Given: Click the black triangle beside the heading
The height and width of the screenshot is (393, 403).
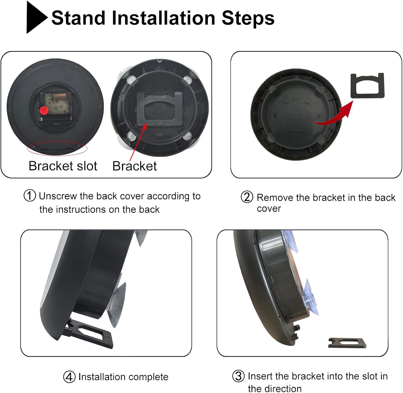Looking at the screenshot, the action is [35, 17].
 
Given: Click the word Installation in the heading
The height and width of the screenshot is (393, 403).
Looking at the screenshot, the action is [163, 18].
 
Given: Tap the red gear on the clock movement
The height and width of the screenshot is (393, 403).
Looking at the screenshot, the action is [43, 110].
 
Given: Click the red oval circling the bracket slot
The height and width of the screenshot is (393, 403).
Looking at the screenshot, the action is [57, 148].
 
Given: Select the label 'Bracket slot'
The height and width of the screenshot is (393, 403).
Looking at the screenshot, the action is [63, 166].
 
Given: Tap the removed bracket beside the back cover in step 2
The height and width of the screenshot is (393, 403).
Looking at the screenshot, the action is [368, 85].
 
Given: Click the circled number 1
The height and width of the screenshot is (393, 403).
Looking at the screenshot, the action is [30, 196].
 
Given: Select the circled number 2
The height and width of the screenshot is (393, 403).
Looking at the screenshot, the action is [247, 197].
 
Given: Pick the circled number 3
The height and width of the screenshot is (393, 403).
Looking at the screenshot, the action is [238, 376].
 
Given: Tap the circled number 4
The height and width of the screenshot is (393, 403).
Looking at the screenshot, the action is [69, 377].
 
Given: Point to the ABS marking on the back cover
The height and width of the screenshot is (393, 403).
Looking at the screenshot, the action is [160, 134].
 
